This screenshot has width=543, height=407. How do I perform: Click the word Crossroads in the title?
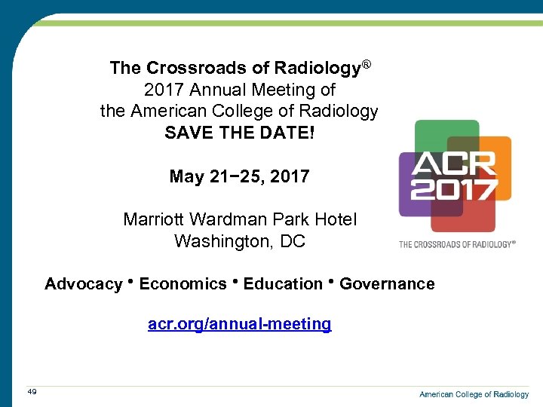point(185,69)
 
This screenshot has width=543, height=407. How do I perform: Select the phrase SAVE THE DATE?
point(239,133)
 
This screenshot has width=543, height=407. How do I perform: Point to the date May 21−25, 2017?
point(239,176)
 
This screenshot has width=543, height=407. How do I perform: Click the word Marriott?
point(154,220)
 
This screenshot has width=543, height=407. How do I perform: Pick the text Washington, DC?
point(239,242)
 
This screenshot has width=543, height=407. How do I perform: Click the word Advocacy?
point(83,284)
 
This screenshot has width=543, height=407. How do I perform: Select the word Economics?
point(183,284)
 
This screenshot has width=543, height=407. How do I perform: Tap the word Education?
point(283,284)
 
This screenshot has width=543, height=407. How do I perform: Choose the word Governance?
point(387,284)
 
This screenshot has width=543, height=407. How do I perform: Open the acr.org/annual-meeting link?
point(239,324)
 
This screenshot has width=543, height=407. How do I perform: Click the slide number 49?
point(32,391)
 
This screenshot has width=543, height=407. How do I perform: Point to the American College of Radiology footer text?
point(474,394)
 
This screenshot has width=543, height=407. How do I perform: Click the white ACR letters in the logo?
point(453,165)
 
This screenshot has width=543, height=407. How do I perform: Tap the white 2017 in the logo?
point(453,188)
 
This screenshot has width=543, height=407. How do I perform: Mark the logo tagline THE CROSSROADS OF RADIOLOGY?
point(457,244)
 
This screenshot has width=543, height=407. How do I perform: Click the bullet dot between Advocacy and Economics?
point(130,282)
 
